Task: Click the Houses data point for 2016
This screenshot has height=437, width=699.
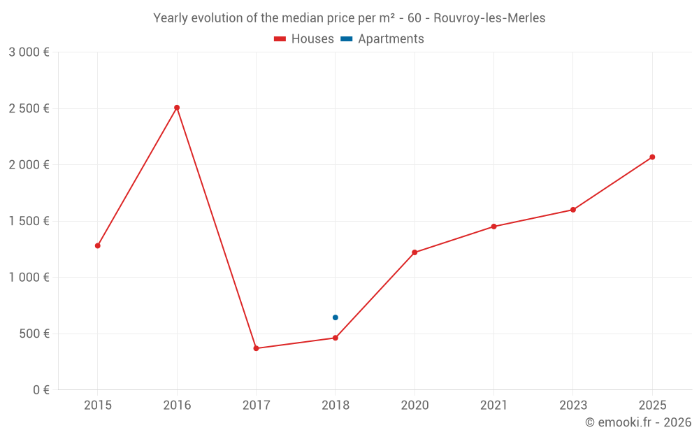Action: click(x=177, y=108)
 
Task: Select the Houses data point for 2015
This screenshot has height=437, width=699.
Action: click(x=98, y=245)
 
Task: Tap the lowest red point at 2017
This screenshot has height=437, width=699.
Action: click(x=256, y=348)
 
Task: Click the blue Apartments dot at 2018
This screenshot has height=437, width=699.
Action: click(x=336, y=317)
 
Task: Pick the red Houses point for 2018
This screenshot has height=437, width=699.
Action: click(x=336, y=338)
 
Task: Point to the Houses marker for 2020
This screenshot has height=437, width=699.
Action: click(x=415, y=252)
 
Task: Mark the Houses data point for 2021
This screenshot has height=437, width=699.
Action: click(x=493, y=227)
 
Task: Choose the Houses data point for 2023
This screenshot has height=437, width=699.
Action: click(x=573, y=210)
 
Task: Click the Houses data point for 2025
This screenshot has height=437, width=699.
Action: click(x=652, y=157)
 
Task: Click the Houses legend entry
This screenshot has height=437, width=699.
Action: click(x=304, y=39)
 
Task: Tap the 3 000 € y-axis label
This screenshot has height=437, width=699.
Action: click(x=29, y=52)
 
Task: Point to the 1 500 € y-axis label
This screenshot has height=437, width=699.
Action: click(x=29, y=221)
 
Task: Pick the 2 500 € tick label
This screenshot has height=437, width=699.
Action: click(x=29, y=108)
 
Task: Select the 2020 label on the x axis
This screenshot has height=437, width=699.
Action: click(x=415, y=406)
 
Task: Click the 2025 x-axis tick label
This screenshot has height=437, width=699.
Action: click(x=652, y=406)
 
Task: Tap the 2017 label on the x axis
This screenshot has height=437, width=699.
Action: click(x=256, y=406)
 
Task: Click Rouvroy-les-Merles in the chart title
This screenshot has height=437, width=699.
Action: click(x=489, y=18)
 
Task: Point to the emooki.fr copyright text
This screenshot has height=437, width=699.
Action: click(x=638, y=422)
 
